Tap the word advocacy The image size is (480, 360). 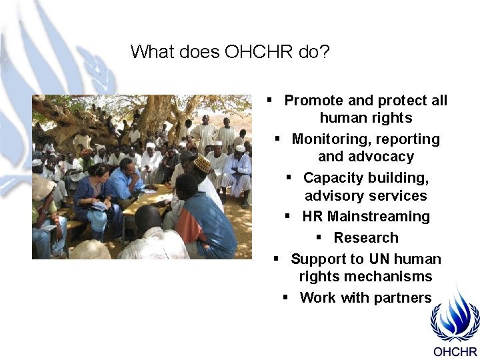click(380, 157)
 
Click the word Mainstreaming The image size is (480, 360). click(379, 217)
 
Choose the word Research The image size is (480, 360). click(366, 238)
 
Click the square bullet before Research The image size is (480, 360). click(319, 237)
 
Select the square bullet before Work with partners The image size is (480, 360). click(285, 297)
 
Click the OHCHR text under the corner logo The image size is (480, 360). click(455, 352)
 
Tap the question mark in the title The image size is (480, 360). click(325, 51)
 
